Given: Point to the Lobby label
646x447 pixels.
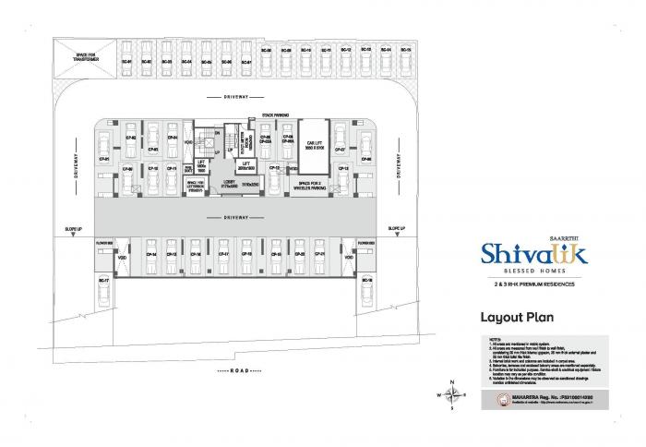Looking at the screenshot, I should [227, 184].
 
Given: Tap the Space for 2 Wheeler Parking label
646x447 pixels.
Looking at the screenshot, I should [315, 185].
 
